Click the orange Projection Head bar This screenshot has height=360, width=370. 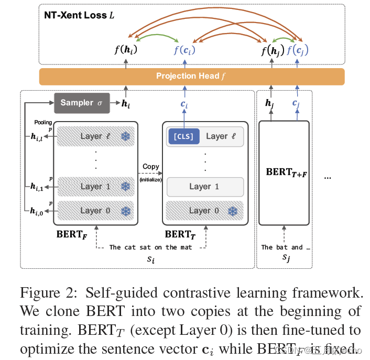tap(192, 76)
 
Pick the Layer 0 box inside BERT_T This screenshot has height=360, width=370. tap(205, 211)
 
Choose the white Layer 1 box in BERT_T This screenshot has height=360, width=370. tap(205, 187)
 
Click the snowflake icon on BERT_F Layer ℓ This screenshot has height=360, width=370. tap(125, 137)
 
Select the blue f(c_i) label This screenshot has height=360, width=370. tap(185, 51)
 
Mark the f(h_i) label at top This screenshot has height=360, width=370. tap(126, 51)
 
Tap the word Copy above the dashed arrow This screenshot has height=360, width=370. tap(151, 167)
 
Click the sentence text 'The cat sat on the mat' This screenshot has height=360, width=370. tap(150, 247)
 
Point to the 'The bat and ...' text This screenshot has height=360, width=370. tap(282, 247)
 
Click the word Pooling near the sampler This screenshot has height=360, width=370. tap(43, 122)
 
